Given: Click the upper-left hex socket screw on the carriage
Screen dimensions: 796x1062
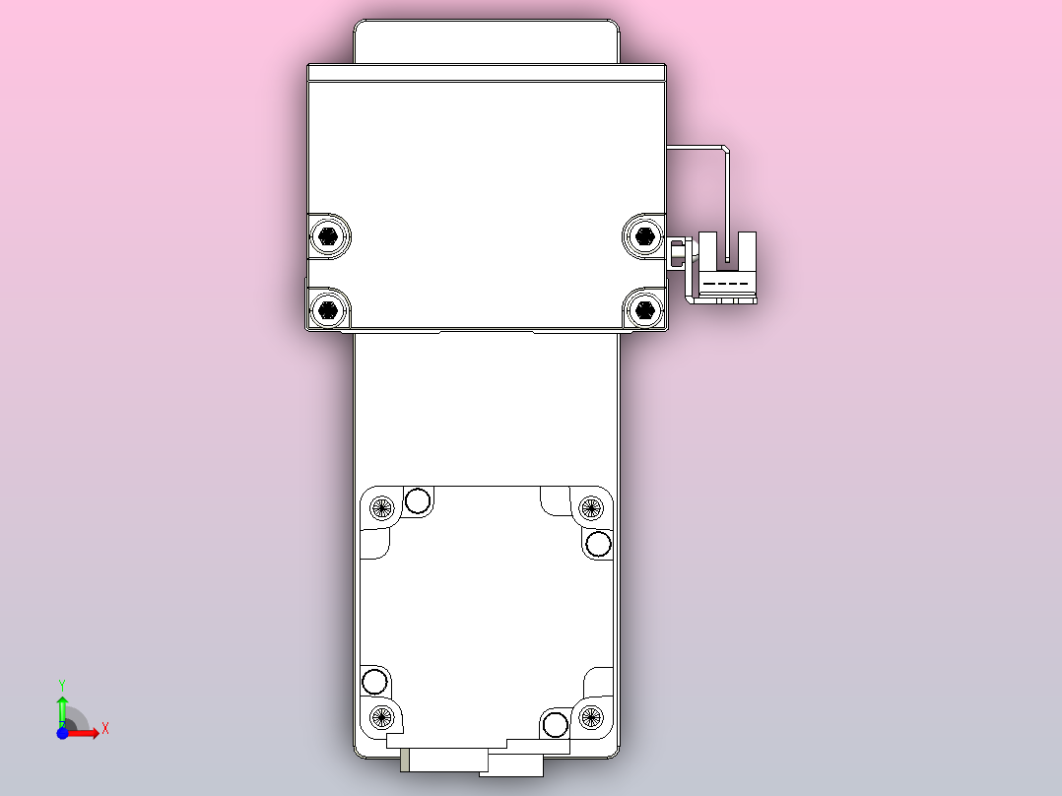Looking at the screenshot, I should click(327, 235).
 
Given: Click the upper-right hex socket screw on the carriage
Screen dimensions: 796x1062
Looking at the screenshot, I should click(644, 234).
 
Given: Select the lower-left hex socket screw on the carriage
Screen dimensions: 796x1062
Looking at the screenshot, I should click(327, 311).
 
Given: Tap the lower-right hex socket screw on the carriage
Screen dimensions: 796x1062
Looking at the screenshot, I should click(644, 311).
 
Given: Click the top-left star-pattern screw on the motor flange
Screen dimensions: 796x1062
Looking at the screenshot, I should click(382, 508).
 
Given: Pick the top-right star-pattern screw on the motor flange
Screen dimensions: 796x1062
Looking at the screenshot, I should click(590, 508).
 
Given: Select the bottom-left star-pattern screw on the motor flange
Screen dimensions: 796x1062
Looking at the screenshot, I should click(382, 716).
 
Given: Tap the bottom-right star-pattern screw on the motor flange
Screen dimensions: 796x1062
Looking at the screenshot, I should click(590, 716).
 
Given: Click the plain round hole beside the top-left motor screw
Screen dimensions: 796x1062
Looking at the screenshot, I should click(418, 501).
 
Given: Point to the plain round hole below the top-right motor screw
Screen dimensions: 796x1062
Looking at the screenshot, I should click(598, 544).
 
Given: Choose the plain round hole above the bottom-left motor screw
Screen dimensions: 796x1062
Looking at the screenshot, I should click(374, 681).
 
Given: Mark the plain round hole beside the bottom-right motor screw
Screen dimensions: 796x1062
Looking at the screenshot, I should click(556, 726).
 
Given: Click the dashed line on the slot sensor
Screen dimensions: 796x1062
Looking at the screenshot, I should click(728, 284).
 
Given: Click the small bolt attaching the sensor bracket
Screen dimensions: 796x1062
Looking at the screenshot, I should click(678, 253).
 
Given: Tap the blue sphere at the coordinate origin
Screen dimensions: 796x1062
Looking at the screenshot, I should click(62, 733).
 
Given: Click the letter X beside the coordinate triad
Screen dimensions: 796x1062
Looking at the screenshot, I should click(105, 729).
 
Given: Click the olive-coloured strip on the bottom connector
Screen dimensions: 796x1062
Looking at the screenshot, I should click(406, 760).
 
